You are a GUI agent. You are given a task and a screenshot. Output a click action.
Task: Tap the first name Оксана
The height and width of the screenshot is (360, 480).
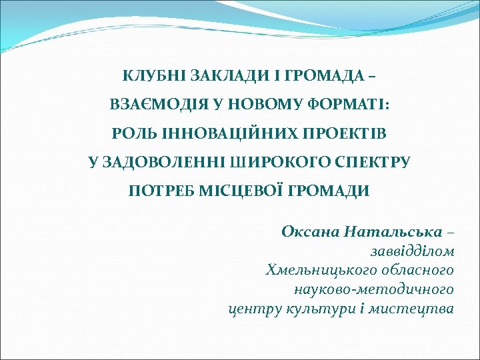311,232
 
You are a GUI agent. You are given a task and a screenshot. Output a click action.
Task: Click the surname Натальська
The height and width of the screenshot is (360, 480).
393,232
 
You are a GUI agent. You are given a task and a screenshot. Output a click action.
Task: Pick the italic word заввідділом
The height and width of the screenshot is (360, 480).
413,251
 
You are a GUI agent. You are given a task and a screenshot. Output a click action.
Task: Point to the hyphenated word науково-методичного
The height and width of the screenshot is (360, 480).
374,290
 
